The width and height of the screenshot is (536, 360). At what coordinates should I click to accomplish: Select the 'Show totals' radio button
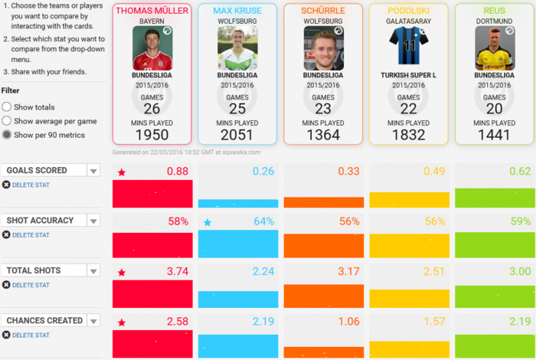[7, 107]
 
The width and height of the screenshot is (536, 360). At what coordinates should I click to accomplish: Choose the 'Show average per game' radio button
[7, 121]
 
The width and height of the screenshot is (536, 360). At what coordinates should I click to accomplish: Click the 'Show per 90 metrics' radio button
[7, 135]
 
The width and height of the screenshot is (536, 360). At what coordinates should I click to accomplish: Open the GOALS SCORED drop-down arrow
[94, 171]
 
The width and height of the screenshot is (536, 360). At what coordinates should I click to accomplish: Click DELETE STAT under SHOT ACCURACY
[31, 235]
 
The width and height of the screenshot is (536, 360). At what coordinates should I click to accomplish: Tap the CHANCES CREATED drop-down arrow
[94, 321]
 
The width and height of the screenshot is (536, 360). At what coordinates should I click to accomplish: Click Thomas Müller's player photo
[152, 48]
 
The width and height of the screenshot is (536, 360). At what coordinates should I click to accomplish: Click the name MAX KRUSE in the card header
[237, 11]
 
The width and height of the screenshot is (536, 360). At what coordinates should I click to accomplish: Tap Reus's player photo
[494, 48]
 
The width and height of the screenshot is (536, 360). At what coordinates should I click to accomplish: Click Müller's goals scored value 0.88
[177, 171]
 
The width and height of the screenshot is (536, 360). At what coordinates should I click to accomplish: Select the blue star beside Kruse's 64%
[207, 223]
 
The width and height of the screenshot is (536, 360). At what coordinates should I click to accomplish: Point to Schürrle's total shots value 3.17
[348, 271]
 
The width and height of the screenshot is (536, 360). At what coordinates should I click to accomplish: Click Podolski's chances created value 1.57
[434, 322]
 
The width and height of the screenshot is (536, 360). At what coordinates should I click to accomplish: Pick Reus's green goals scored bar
[495, 198]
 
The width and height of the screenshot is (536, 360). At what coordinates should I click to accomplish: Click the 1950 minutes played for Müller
[152, 135]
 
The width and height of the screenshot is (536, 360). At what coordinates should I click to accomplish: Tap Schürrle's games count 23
[323, 109]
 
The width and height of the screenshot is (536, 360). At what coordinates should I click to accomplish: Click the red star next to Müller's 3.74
[121, 272]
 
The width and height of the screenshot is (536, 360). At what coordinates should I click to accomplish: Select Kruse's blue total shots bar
[238, 299]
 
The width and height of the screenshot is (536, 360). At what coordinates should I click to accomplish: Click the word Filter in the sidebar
[10, 91]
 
